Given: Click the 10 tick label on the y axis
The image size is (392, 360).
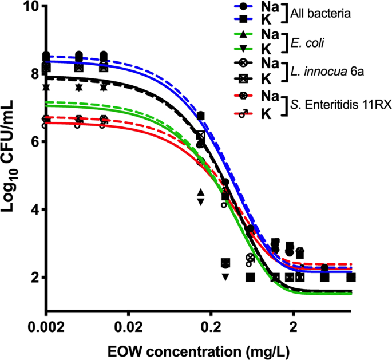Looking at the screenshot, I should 30,6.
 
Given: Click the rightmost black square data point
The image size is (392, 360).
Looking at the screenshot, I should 351,277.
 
